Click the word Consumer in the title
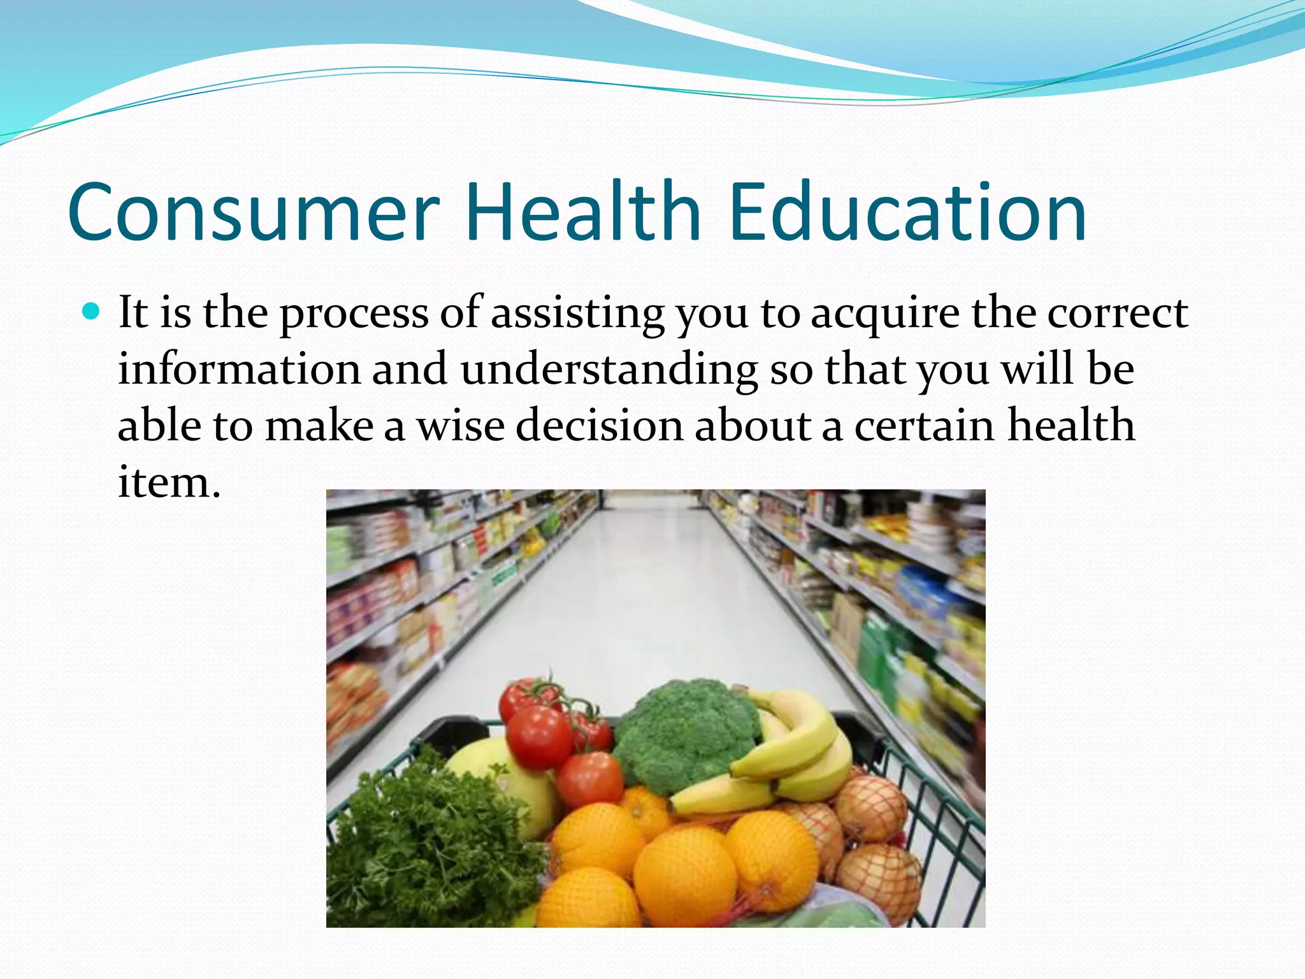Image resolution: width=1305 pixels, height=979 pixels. [254, 212]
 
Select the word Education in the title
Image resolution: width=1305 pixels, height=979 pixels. [907, 212]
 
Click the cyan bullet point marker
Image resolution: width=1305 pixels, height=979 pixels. [92, 312]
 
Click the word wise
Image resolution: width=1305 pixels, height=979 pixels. [461, 425]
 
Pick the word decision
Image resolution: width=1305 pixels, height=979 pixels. [600, 425]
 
